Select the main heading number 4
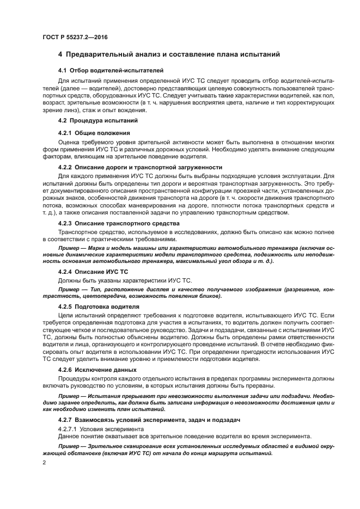click(60, 54)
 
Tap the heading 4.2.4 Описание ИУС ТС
click(93, 271)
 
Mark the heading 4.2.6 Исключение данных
click(97, 370)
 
